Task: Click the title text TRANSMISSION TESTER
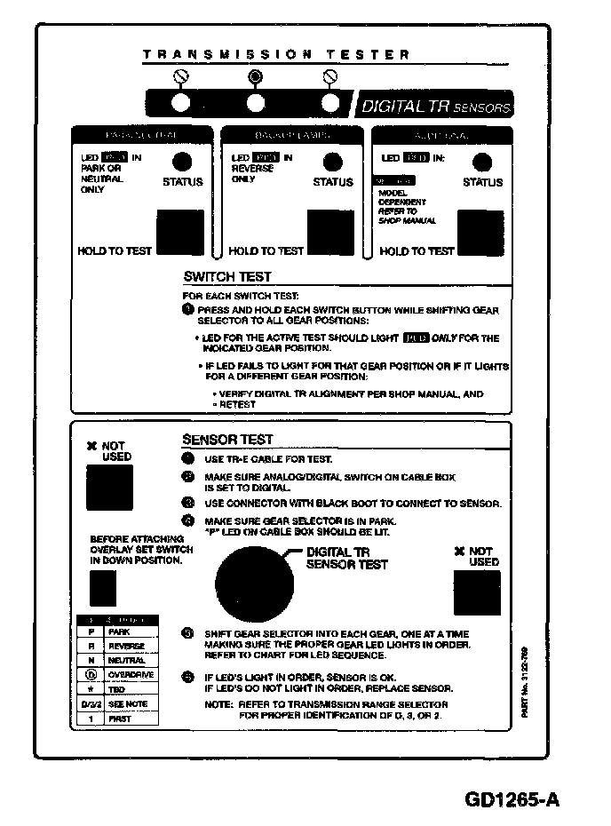tap(276, 55)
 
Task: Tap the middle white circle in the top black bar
tap(256, 103)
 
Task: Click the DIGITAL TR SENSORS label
tap(435, 107)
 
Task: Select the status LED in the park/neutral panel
tap(182, 162)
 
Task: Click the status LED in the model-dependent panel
tap(482, 163)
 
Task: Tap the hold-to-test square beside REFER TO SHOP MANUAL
tap(480, 233)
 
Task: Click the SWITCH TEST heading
tap(227, 277)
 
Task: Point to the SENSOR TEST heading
tap(227, 440)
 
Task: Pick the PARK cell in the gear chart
tap(119, 631)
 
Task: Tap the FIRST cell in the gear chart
tap(119, 719)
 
